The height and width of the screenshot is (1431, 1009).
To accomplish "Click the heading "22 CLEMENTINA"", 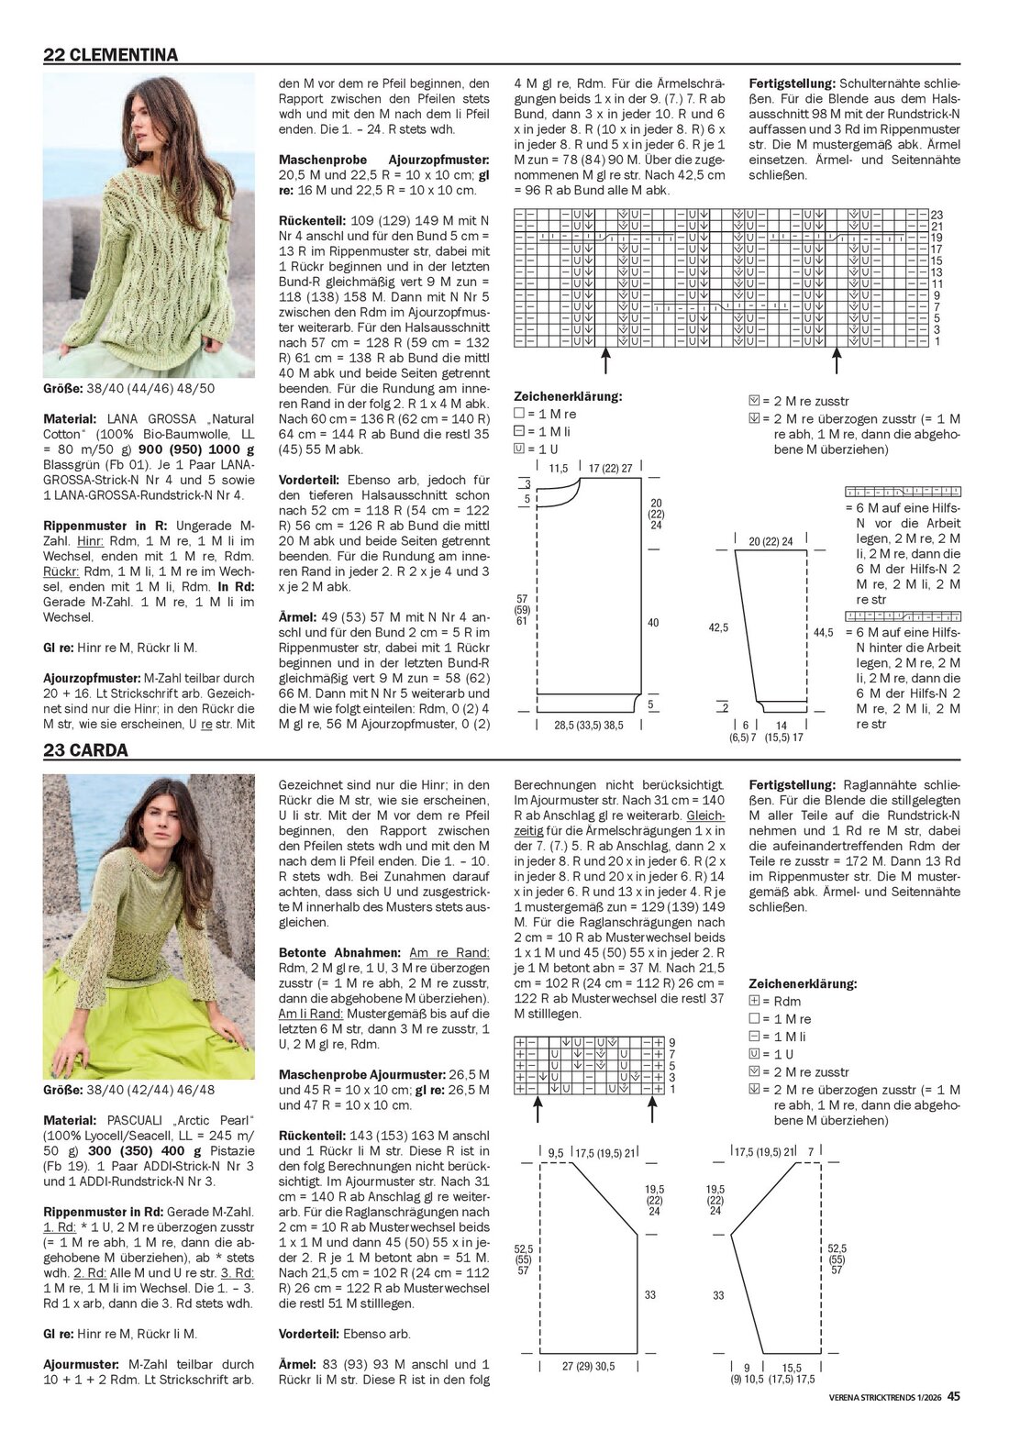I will click(x=111, y=54).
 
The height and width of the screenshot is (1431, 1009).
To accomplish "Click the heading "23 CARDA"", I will click(x=85, y=749).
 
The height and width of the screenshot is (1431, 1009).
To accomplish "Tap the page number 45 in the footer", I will click(x=954, y=1397).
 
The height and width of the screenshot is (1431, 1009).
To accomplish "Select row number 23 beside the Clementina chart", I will click(x=937, y=215).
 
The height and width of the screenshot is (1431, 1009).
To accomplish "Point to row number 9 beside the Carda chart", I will click(x=671, y=1042).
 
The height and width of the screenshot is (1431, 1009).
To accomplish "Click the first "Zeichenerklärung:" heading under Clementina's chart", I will click(x=568, y=396).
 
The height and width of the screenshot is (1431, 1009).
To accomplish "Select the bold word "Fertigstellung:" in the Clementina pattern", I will click(x=792, y=81).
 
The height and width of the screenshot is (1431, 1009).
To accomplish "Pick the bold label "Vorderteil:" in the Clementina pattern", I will click(x=310, y=479).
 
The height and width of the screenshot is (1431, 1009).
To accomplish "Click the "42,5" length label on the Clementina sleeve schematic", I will click(x=717, y=628).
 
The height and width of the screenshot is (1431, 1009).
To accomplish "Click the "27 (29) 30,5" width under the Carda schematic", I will click(x=588, y=1366).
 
